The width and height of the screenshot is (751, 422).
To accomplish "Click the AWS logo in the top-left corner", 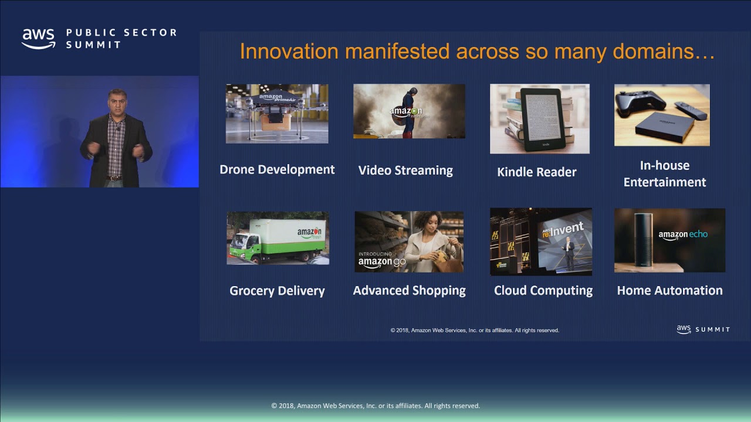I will [x=38, y=39].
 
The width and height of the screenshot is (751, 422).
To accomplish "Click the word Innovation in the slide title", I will [x=289, y=52].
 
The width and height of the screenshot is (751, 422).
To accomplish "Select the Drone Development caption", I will [x=277, y=170].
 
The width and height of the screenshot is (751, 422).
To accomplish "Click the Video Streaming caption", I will [x=405, y=171].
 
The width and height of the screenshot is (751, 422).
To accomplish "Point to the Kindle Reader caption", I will [x=536, y=172].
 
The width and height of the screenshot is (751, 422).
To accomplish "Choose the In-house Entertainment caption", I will [x=664, y=174].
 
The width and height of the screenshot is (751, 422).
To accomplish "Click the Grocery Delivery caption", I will [x=277, y=291].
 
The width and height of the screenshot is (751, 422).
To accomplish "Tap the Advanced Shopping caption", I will [x=409, y=291].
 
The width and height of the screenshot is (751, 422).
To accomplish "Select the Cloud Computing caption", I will [x=543, y=291].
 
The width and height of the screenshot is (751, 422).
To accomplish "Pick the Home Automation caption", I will [x=669, y=291].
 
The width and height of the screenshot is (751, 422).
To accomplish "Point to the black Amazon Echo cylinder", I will [x=643, y=240].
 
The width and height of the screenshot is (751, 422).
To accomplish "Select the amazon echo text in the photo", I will [x=683, y=235].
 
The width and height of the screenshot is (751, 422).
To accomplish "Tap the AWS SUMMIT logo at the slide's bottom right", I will [x=702, y=329].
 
